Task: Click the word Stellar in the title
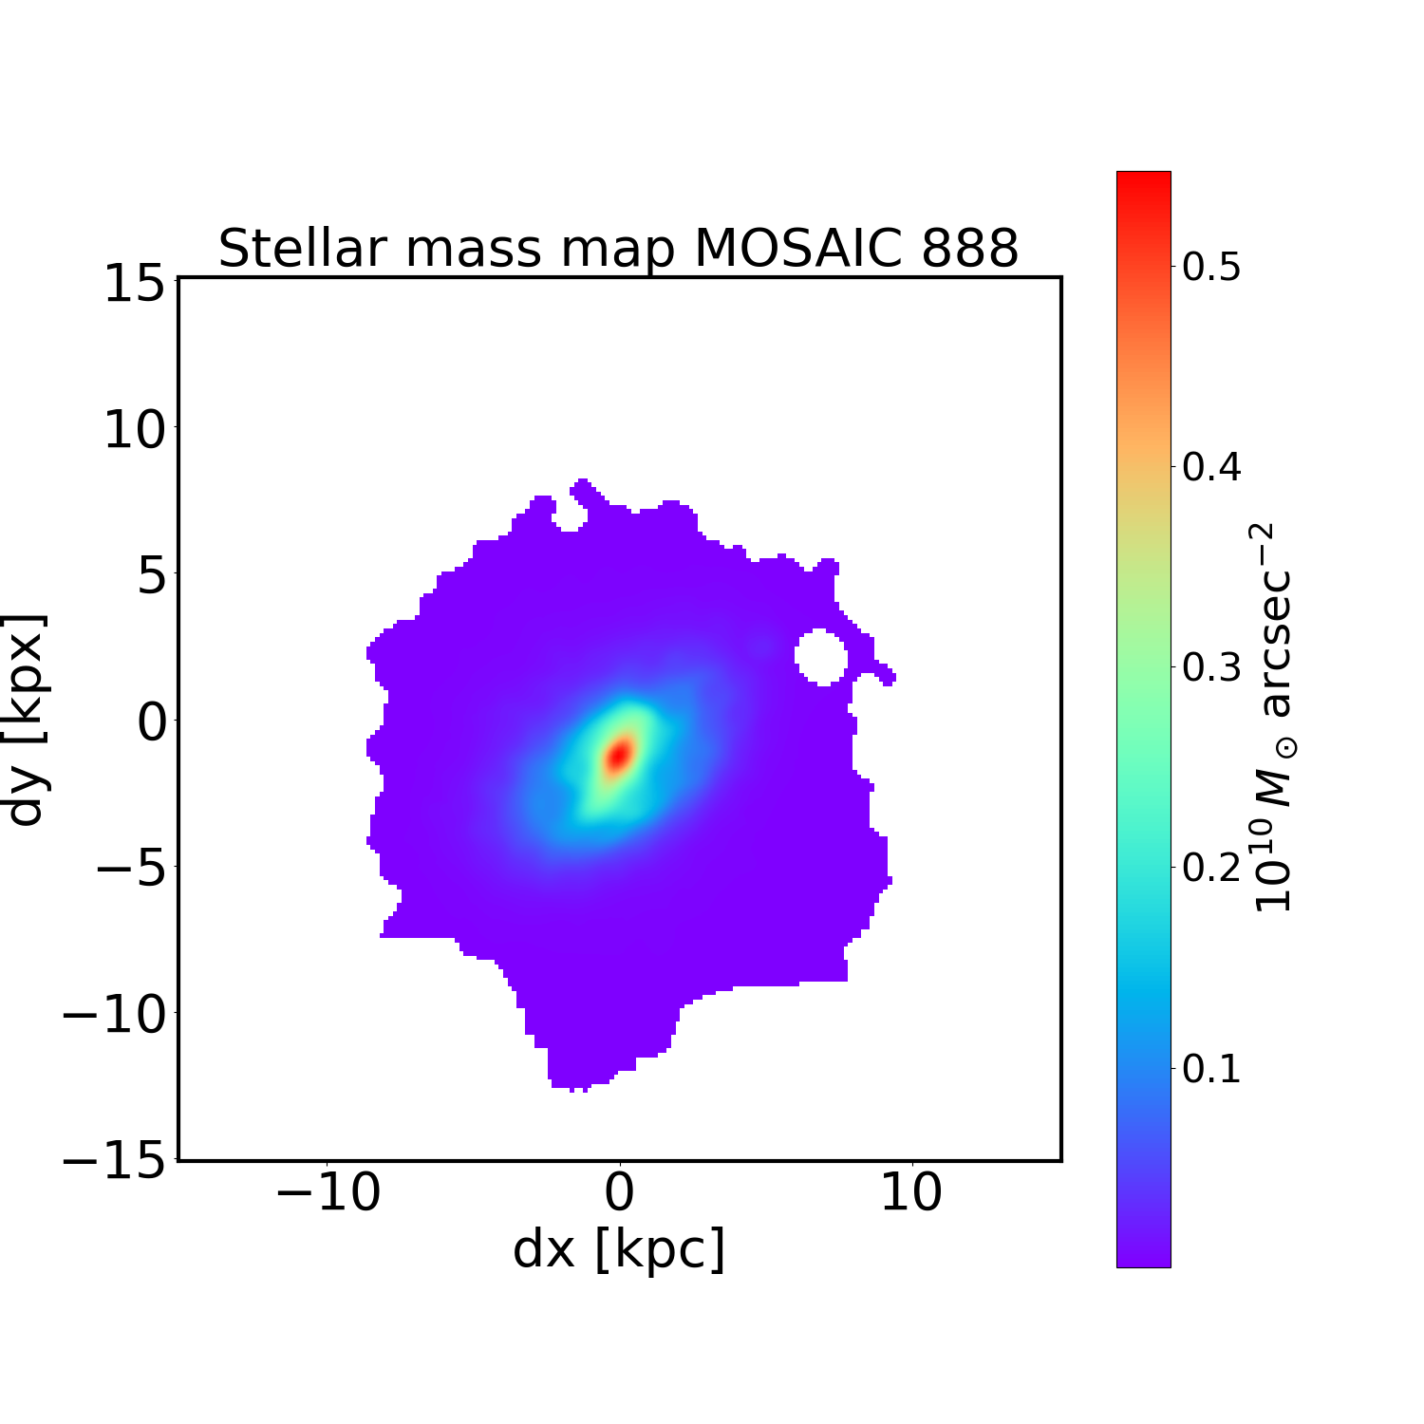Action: (x=302, y=249)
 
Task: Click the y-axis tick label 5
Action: (x=152, y=576)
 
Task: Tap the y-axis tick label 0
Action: (x=152, y=722)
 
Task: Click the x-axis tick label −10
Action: (x=328, y=1193)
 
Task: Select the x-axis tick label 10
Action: (x=911, y=1193)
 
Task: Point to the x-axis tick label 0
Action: (x=619, y=1193)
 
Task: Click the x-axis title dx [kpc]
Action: (x=619, y=1250)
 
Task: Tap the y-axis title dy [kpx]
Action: (x=27, y=720)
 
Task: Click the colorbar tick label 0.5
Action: (x=1211, y=268)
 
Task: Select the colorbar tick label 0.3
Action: (x=1211, y=668)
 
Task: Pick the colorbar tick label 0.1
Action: (x=1211, y=1069)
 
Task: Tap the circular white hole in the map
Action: (x=820, y=656)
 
